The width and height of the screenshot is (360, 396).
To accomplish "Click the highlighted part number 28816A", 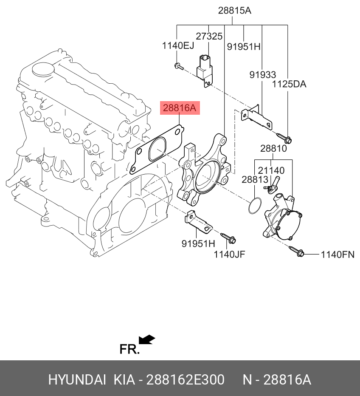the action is [180, 108].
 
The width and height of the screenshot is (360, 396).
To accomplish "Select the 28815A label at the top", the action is [235, 11].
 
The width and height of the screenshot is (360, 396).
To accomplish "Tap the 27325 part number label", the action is [209, 37].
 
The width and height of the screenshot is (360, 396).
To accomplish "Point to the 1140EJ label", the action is [178, 46].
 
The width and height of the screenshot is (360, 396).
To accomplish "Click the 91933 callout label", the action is [263, 75].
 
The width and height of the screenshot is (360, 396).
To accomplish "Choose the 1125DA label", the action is [289, 84].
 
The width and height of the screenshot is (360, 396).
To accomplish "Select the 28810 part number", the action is [273, 149].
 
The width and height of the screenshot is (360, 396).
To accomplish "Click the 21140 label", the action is [271, 170].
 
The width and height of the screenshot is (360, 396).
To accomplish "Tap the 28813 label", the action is [255, 180].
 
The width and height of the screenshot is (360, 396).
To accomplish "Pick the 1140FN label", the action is [337, 255].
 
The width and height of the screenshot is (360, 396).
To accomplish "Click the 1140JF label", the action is [229, 255].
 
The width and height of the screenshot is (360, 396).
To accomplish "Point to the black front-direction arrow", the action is [147, 339].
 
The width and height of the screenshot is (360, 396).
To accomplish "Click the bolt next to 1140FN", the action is [297, 251].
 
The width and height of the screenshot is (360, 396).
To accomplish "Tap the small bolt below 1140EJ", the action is [179, 66].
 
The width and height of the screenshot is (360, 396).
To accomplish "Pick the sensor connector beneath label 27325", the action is [205, 71].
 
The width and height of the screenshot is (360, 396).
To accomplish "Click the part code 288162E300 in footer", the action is [185, 380].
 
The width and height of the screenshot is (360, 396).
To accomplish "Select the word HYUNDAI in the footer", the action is [77, 380].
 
